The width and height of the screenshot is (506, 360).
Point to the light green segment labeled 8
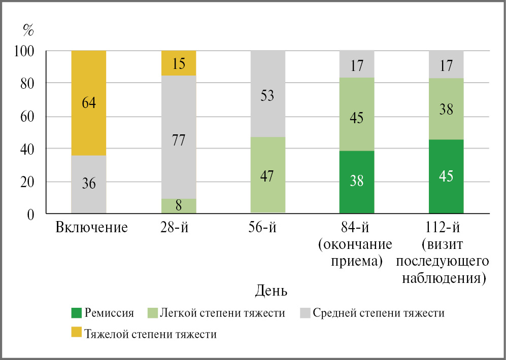pos(178,206)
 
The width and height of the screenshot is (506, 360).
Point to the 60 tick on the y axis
pos(27,116)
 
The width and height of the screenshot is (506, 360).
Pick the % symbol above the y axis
pos(28,30)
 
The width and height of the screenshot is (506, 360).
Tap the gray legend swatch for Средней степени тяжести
pos(304,313)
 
